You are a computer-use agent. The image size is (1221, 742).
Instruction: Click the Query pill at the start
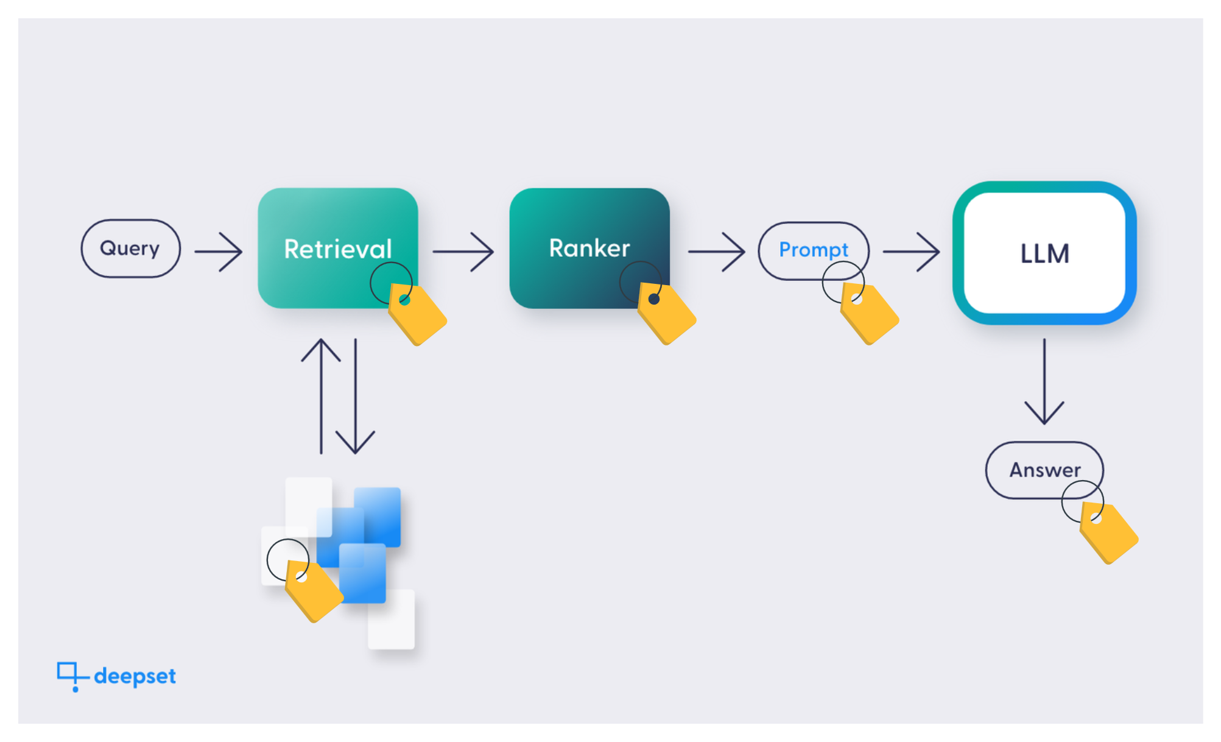130,249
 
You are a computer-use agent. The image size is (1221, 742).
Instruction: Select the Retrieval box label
337,249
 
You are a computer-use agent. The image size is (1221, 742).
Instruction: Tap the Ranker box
589,248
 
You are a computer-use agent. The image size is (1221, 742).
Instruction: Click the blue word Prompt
813,250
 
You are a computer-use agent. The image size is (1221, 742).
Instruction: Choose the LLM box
1044,253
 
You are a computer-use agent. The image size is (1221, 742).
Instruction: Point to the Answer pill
1044,470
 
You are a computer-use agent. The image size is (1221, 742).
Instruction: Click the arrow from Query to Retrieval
219,251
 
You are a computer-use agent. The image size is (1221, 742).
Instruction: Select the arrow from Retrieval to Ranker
463,251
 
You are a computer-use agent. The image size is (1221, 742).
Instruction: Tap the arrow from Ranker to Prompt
716,251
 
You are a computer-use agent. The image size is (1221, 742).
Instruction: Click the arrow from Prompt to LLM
911,251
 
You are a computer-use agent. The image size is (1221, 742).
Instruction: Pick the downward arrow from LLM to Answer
1044,381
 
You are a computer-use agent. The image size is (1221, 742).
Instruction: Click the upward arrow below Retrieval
321,396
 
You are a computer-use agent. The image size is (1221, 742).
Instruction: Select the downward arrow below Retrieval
355,396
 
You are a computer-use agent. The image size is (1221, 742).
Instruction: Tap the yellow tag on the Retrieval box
419,316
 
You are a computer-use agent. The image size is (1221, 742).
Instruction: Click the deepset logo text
135,676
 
